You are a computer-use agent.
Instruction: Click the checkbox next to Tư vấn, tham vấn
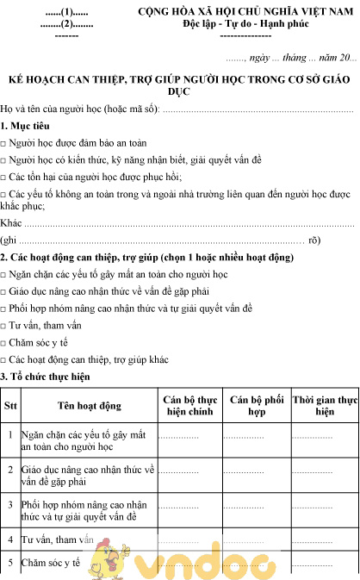pos(4,326)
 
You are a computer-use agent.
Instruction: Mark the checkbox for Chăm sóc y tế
pos(4,342)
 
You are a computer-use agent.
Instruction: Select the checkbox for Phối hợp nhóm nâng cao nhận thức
pos(4,309)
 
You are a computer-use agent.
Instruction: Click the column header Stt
pos(10,405)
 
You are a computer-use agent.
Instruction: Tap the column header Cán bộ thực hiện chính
pos(189,405)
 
